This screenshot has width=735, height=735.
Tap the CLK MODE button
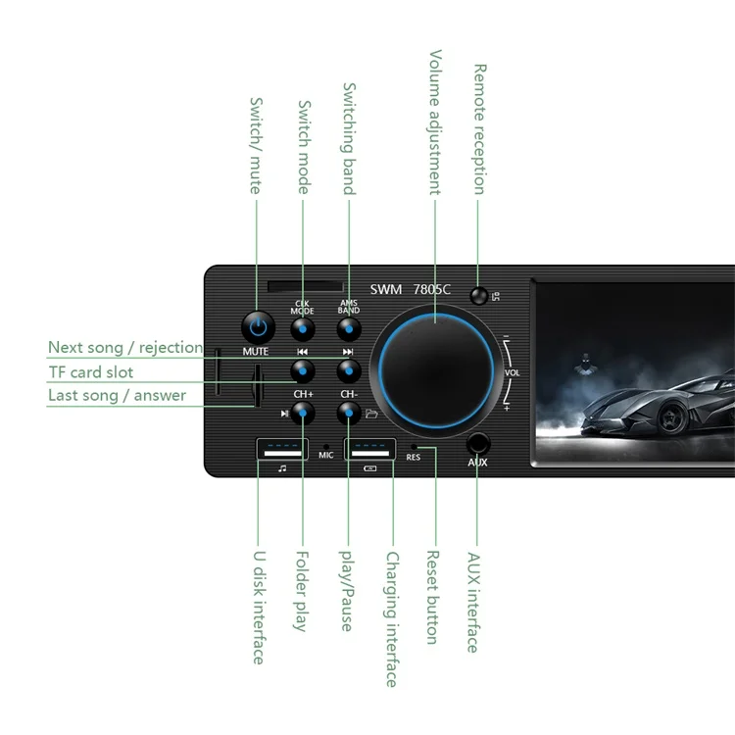(303, 329)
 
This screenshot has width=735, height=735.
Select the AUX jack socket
(477, 442)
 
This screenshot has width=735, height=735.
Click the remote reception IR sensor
(478, 296)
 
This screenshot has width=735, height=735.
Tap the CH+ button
(303, 413)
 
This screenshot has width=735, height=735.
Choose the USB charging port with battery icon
(369, 450)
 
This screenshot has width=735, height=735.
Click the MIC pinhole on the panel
(326, 447)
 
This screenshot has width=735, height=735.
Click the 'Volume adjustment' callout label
(435, 122)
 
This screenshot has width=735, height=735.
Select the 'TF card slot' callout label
(90, 372)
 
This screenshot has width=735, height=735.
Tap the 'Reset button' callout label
(431, 597)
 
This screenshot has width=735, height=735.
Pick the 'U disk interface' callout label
(259, 607)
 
